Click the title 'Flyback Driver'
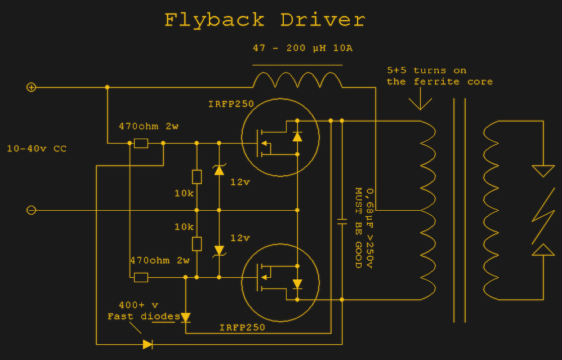(x=265, y=20)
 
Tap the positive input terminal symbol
(x=32, y=87)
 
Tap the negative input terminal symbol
(x=32, y=210)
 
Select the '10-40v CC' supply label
(x=37, y=149)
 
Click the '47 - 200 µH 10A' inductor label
(x=302, y=48)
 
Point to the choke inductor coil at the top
(x=297, y=81)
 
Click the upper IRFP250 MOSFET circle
(x=280, y=137)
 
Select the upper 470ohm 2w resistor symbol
(x=141, y=144)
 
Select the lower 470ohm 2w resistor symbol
(x=141, y=277)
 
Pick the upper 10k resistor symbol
(x=197, y=177)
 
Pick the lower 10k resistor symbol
(x=197, y=243)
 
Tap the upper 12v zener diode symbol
(x=219, y=169)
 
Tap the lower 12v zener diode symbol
(x=219, y=250)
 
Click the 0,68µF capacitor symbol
(x=342, y=221)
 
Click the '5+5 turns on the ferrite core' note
(x=439, y=76)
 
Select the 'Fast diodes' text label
(x=144, y=317)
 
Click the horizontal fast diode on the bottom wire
(x=148, y=344)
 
